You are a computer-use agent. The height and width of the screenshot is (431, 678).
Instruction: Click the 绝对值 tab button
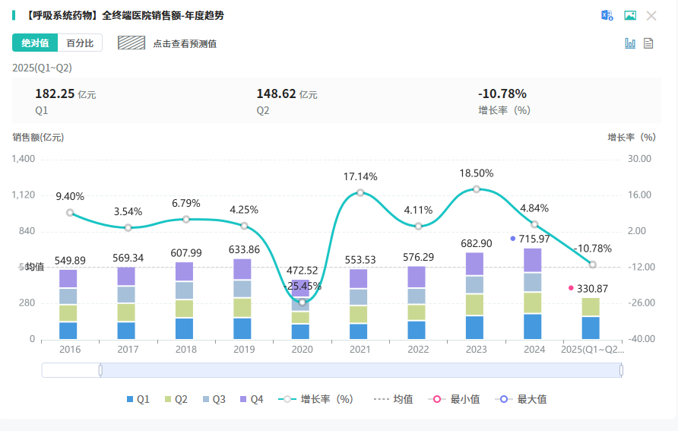35,43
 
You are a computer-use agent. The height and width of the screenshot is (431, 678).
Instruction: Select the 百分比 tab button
80,43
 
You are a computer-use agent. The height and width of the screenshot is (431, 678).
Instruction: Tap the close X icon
651,16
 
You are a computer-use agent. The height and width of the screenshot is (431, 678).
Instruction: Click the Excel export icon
607,16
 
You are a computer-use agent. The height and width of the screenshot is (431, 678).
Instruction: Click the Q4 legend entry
251,399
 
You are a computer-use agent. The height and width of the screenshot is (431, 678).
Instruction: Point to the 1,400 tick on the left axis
23,159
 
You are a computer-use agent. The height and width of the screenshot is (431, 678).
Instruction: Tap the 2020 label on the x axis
302,350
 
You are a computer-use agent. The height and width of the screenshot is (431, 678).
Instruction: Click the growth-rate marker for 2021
360,193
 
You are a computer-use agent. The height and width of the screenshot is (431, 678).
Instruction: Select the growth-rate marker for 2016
70,213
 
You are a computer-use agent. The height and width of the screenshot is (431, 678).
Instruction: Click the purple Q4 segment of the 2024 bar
534,260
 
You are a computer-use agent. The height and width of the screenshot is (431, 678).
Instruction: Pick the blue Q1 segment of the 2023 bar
476,327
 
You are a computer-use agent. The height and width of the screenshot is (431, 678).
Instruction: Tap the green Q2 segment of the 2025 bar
592,306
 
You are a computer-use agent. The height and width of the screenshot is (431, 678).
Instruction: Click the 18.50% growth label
476,173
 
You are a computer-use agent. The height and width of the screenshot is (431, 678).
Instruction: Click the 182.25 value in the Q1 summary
55,93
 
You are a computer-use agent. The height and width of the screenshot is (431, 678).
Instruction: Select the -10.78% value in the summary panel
502,93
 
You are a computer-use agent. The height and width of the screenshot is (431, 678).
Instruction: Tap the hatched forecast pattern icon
131,43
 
